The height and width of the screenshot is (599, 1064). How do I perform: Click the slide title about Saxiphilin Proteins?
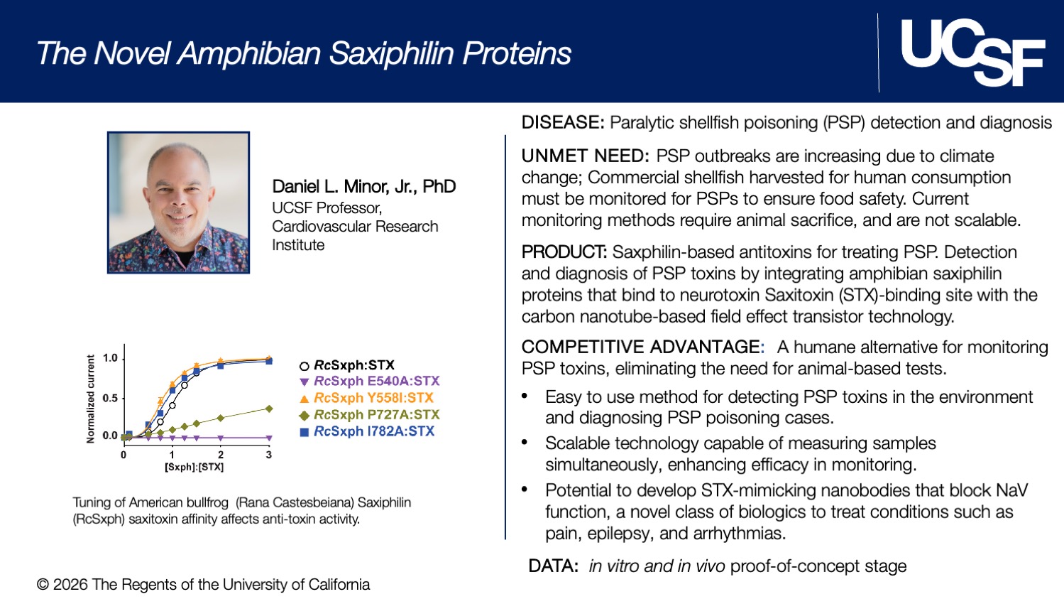coord(304,53)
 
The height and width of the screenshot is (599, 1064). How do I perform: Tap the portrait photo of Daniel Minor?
coord(178,203)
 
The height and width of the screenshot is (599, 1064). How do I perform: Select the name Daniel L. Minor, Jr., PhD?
coord(363,186)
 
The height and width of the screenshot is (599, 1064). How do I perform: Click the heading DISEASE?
coord(563,123)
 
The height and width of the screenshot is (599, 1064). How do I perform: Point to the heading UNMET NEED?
coord(585,156)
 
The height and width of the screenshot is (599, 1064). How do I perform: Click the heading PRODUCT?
coord(564,252)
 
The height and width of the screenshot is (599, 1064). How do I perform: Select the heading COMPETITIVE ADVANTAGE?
coord(642,347)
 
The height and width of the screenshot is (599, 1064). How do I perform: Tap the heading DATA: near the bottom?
coord(553,566)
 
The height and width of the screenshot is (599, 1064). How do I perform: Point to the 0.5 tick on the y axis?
coord(110,398)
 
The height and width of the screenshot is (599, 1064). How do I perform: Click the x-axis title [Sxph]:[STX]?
coord(194,467)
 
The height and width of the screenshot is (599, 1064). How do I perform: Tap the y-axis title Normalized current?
coord(90,399)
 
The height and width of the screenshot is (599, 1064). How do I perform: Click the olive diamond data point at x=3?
coord(269,409)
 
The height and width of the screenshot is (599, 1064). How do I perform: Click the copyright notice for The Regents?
coord(204,585)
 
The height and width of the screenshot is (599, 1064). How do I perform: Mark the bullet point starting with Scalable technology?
coord(740,453)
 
